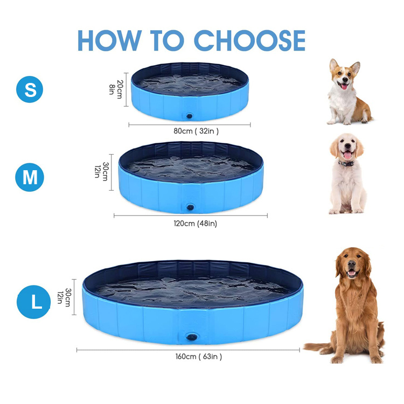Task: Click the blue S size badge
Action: tap(31, 90)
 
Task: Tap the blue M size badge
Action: tap(30, 178)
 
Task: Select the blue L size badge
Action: tap(36, 302)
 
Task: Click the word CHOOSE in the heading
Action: tap(249, 40)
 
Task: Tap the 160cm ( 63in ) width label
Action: tap(198, 356)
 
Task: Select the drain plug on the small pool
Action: tap(190, 115)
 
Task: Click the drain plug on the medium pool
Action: tap(190, 207)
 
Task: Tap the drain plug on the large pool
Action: tap(192, 337)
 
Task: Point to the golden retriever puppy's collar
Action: tap(346, 163)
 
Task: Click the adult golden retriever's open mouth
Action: tap(352, 273)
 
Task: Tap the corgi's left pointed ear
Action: tap(334, 65)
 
